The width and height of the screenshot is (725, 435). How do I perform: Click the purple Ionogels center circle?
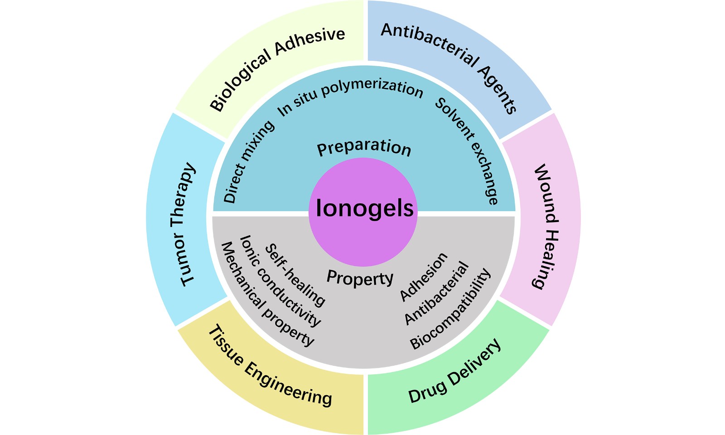[x=363, y=212]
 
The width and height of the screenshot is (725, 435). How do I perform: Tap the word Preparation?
[x=364, y=148]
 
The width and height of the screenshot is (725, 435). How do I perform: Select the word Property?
[x=360, y=278]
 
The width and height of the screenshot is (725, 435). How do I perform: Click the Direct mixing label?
[x=248, y=162]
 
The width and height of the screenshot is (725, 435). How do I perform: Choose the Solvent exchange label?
[x=466, y=151]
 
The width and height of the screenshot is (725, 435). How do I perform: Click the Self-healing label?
[x=295, y=275]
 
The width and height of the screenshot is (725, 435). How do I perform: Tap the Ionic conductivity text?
[x=280, y=280]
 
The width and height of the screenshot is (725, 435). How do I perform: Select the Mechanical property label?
[x=267, y=294]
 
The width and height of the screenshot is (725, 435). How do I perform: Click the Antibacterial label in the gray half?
[x=437, y=293]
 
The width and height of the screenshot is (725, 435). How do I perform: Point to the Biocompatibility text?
[x=450, y=309]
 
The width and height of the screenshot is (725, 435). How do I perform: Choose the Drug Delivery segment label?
[x=455, y=371]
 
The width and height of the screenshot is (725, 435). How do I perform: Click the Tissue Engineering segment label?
[x=270, y=366]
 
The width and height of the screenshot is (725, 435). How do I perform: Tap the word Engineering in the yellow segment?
[x=288, y=384]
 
